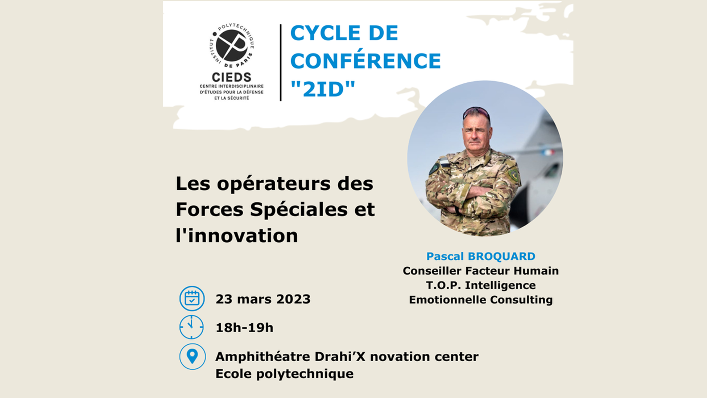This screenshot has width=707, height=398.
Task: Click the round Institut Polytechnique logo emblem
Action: tap(232, 46)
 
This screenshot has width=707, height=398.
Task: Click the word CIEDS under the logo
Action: tap(232, 77)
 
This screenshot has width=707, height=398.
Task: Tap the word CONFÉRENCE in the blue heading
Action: tap(365, 60)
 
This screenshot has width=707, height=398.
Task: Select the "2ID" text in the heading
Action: tap(323, 89)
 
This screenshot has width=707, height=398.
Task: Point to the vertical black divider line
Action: tap(281, 62)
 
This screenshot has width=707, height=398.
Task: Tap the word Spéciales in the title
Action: tap(298, 209)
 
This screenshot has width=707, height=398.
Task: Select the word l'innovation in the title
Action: tap(237, 235)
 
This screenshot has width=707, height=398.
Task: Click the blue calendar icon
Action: tap(192, 299)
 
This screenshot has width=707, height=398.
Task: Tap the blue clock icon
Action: tap(192, 327)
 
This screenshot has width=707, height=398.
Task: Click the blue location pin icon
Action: tap(193, 357)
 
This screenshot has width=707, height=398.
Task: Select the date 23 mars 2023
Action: tap(263, 299)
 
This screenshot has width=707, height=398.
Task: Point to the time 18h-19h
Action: tap(244, 328)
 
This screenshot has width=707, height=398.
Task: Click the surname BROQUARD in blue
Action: tap(501, 256)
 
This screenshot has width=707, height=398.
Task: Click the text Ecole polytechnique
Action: tap(285, 374)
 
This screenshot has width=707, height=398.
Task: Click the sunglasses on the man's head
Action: tap(476, 112)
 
